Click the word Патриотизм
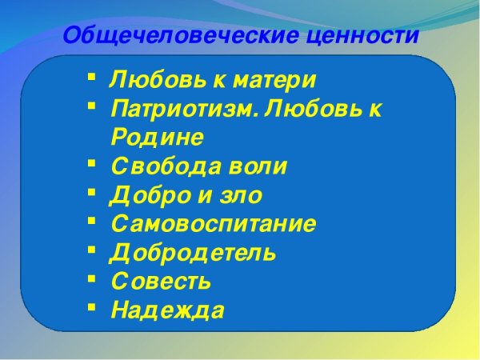(183, 109)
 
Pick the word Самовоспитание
(213, 224)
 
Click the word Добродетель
(193, 253)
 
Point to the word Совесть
(161, 282)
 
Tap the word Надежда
(166, 310)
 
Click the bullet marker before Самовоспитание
(91, 220)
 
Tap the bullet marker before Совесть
(91, 278)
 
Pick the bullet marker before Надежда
(91, 306)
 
